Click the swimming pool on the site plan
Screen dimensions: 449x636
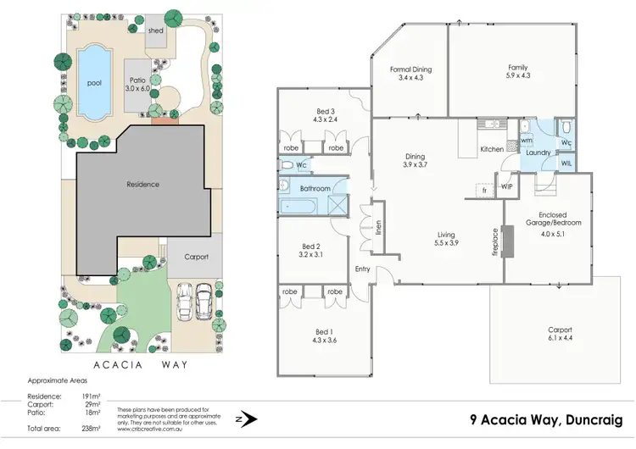point(93,83)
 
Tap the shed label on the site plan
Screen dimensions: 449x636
point(155,30)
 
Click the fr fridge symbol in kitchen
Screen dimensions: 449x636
point(483,191)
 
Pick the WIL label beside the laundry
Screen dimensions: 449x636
point(566,162)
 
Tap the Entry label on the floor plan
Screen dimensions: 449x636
point(364,269)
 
